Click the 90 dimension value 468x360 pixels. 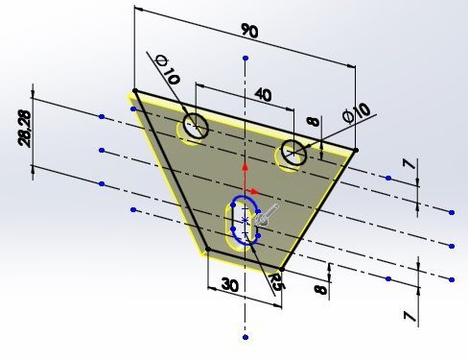coord(249,31)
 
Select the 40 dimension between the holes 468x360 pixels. coord(263,95)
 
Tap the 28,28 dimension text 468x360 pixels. coord(25,129)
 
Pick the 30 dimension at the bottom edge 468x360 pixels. coord(229,284)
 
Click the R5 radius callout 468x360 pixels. coord(275,281)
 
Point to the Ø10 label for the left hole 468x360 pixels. coord(167,70)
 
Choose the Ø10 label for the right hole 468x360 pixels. coord(357,113)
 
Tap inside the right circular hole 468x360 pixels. coord(293,153)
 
